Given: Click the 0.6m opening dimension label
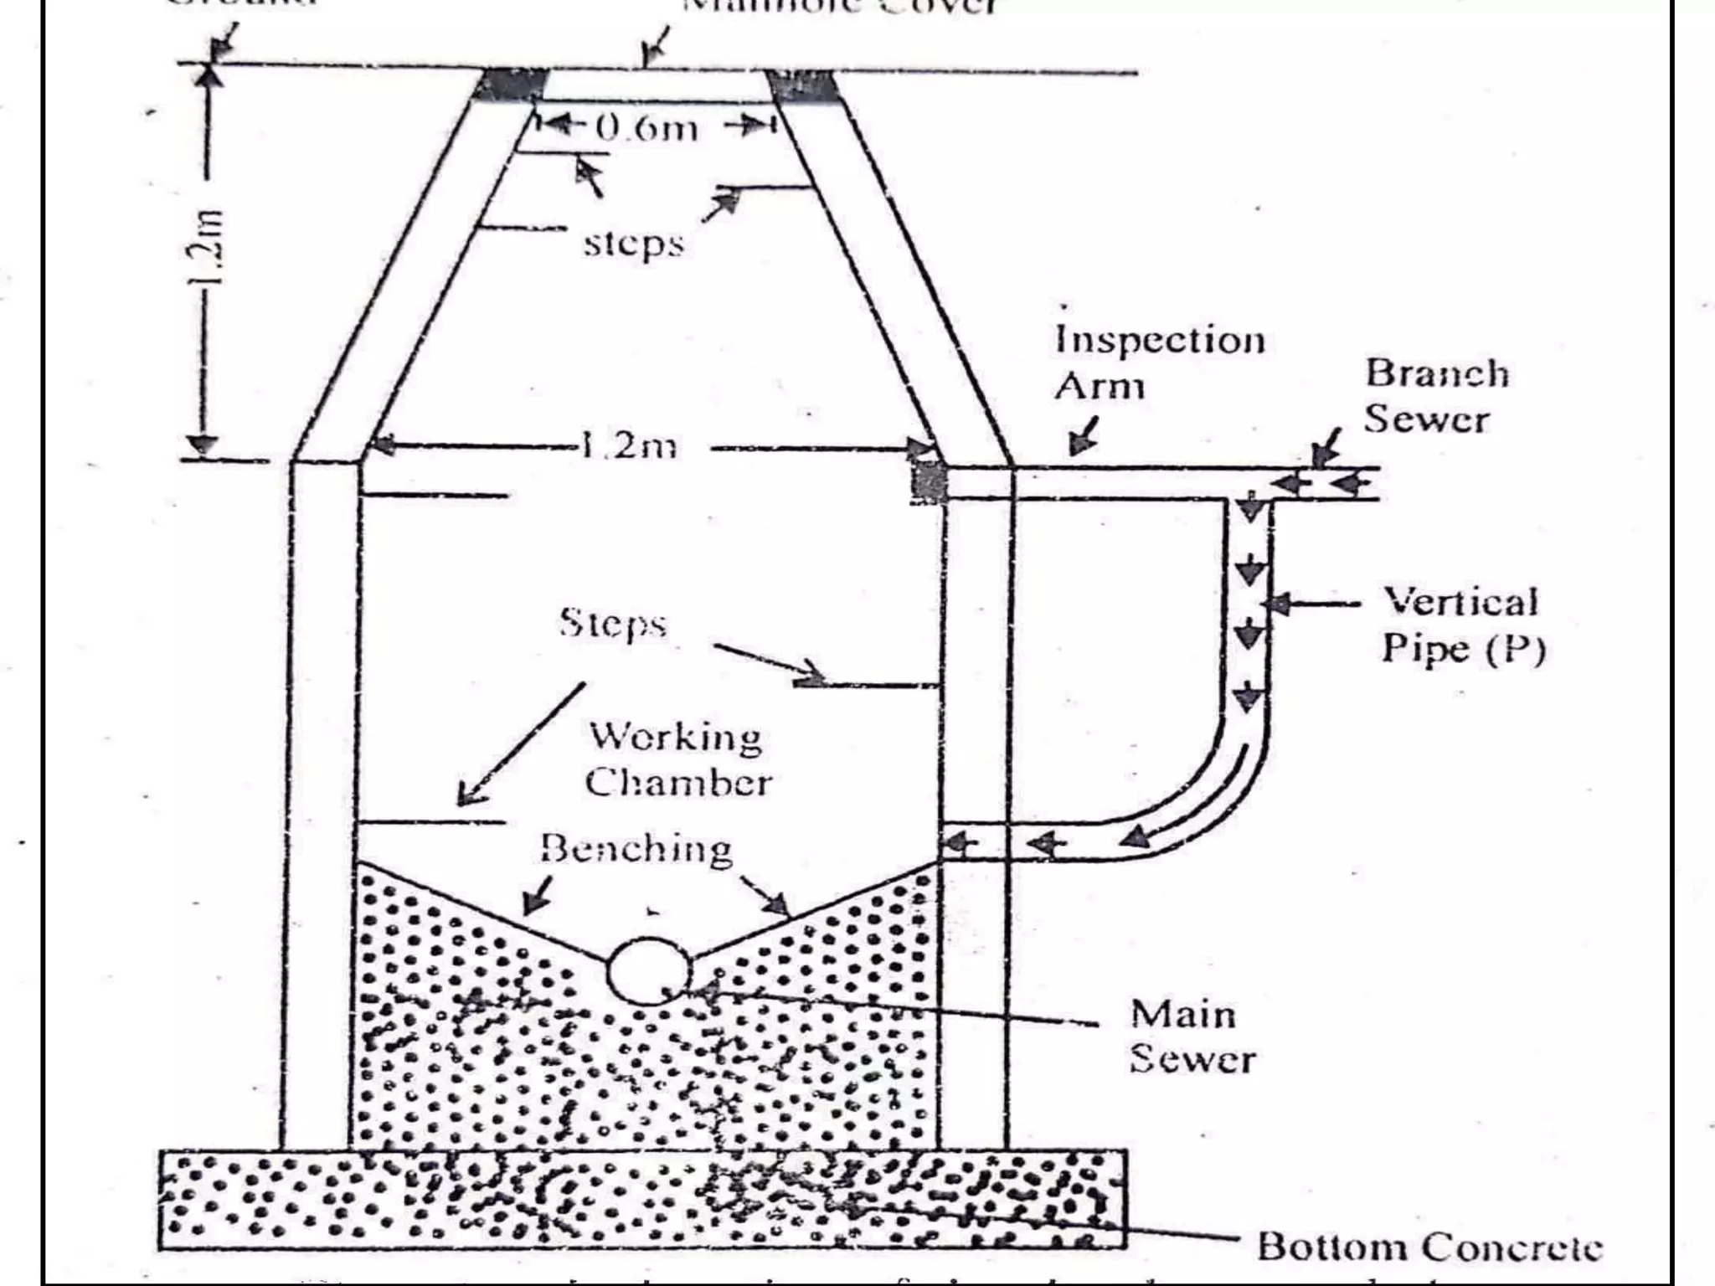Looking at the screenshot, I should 646,128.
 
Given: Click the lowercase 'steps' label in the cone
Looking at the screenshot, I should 633,244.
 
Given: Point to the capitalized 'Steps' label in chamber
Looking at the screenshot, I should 613,624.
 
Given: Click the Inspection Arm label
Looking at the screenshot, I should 1159,363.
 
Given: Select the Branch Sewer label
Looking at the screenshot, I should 1437,396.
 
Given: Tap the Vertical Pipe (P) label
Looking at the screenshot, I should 1462,625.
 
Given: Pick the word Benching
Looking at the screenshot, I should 636,848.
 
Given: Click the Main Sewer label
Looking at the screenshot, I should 1190,1037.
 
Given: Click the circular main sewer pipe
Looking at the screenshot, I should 648,971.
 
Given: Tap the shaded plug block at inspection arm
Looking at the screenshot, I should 929,482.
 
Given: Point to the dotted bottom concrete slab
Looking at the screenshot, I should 641,1199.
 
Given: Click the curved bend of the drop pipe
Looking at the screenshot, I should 1214,795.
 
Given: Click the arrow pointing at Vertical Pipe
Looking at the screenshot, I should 1315,603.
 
